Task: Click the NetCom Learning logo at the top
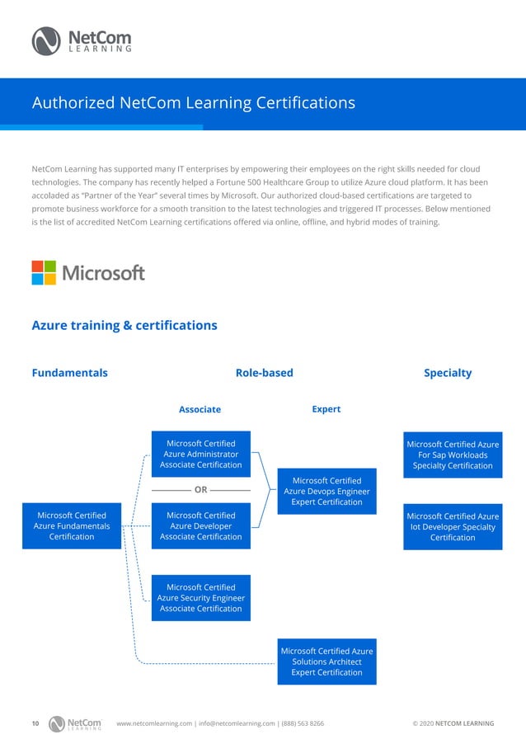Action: (x=81, y=40)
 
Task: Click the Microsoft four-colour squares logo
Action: (x=44, y=273)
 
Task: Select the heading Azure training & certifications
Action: (x=124, y=325)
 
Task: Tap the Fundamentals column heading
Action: (x=69, y=373)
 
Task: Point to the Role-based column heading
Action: (x=264, y=373)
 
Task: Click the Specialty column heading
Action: (x=448, y=373)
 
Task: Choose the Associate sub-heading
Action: (x=200, y=409)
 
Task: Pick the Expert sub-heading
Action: (x=326, y=408)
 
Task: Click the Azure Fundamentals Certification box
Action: (x=72, y=526)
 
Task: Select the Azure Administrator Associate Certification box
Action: (x=201, y=454)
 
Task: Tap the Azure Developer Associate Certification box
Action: (x=201, y=526)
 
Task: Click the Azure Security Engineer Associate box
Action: (x=201, y=598)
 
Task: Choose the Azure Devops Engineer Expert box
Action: (x=326, y=491)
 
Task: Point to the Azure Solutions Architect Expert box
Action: (x=326, y=662)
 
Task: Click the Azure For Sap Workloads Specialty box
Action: (x=453, y=454)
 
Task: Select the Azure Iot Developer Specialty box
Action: (x=453, y=526)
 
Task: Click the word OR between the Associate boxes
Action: (x=200, y=490)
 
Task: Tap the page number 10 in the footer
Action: (x=35, y=723)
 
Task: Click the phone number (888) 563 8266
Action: (x=301, y=723)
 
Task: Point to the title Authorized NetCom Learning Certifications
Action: (x=193, y=103)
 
